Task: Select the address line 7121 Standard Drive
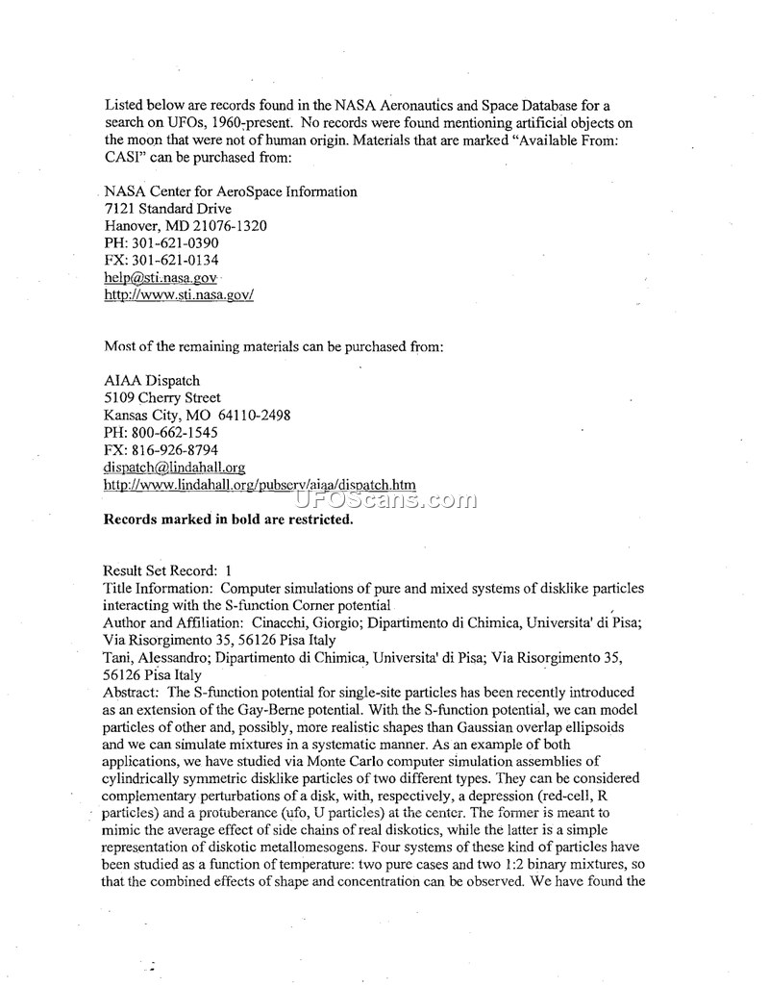[x=167, y=209]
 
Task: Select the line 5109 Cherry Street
[x=161, y=398]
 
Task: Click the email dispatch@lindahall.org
[x=174, y=468]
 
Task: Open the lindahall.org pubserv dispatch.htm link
[x=260, y=485]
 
